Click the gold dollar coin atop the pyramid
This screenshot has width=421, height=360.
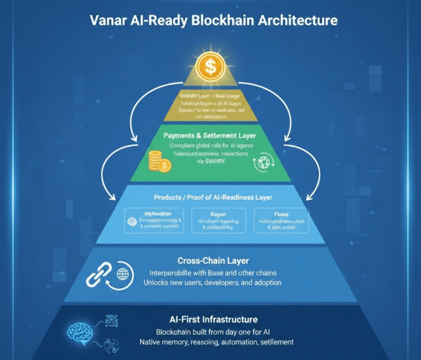(210, 66)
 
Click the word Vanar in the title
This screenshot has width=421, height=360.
(109, 20)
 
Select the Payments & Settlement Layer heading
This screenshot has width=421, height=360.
(210, 135)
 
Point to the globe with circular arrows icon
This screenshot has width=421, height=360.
(261, 163)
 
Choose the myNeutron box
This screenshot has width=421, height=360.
(156, 220)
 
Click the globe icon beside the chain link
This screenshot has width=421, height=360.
(123, 273)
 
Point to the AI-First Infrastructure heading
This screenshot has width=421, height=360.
(213, 320)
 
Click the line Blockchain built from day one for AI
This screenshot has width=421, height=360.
(213, 331)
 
